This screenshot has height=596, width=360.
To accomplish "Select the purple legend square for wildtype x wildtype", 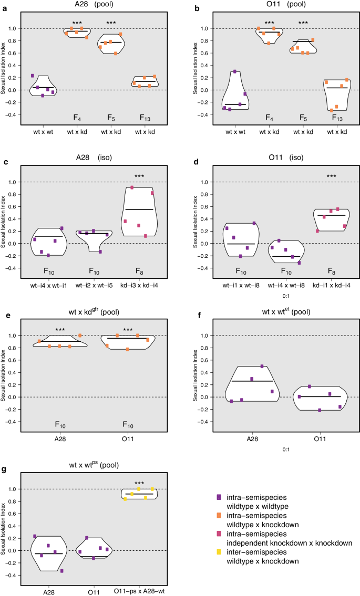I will pos(219,497).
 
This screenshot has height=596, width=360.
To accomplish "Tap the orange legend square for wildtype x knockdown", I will pos(219,515).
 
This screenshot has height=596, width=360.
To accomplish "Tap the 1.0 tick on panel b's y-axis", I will pos(200,28).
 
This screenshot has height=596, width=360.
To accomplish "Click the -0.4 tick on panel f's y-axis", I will pos(200,421).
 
